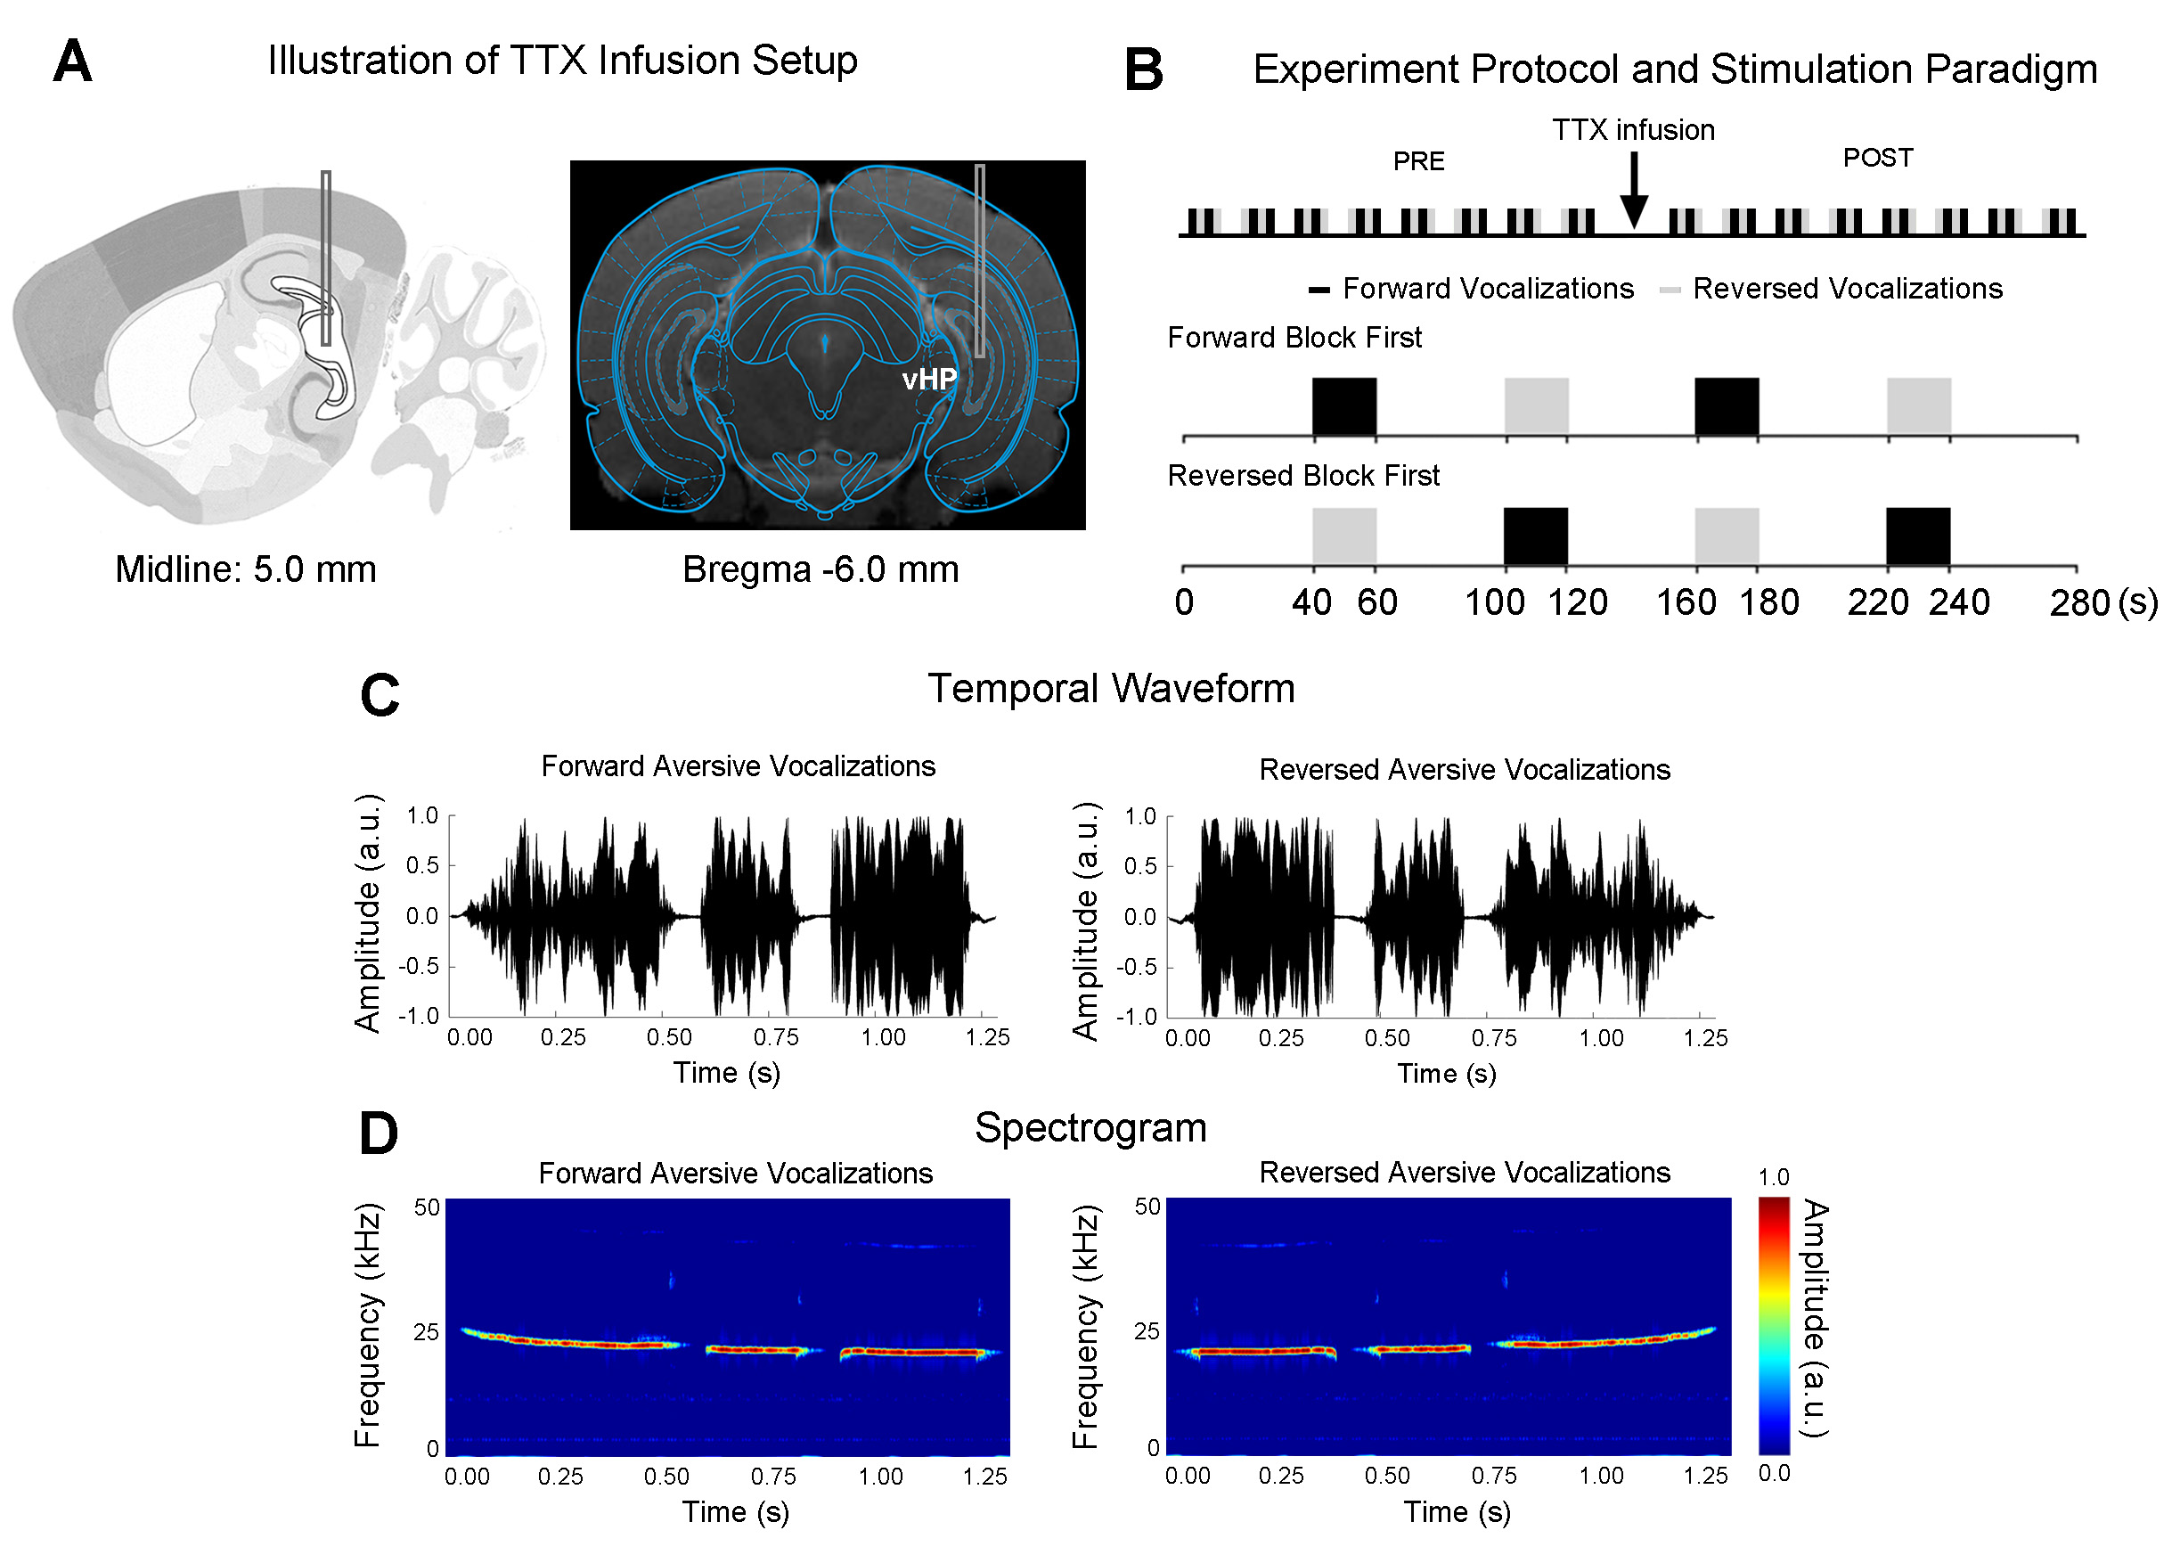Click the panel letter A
tap(72, 62)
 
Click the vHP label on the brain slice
tap(928, 380)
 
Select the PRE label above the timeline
tap(1417, 161)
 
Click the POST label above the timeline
tap(1877, 158)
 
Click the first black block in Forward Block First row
tap(1343, 406)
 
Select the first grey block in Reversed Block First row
tap(1343, 536)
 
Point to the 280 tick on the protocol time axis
tap(2079, 602)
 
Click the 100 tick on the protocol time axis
tap(1494, 602)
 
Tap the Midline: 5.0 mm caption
tap(245, 569)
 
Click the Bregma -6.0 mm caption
tap(820, 569)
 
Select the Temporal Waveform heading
tap(1110, 688)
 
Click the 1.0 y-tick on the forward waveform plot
tap(422, 816)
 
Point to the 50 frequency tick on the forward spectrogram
tap(427, 1207)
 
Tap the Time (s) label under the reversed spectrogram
tap(1457, 1512)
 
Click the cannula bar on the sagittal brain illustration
tap(327, 258)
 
